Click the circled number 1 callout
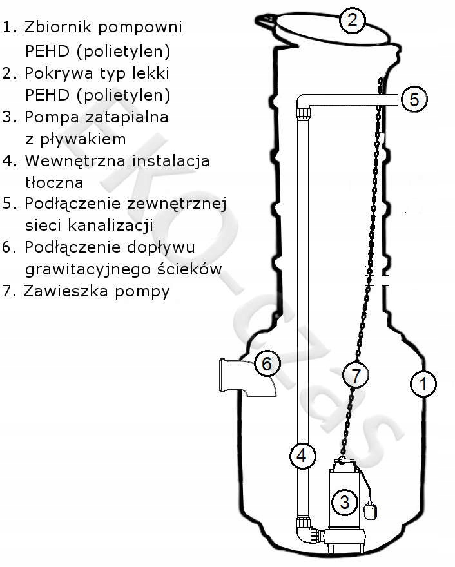pos(423,385)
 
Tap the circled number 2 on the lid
pos(352,20)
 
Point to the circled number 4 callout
pos(302,456)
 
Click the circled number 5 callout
pos(414,99)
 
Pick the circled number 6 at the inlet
pos(266,364)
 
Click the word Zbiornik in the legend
pos(56,27)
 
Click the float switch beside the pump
pos(373,512)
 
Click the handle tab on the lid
pos(267,22)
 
